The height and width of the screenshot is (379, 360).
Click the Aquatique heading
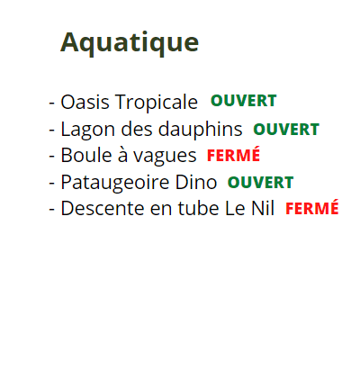[x=130, y=43]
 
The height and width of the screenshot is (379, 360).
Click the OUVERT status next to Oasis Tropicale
[x=244, y=101]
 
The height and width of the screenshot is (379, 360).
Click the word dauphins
[x=200, y=129]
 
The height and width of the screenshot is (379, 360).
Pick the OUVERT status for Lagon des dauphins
[x=286, y=130]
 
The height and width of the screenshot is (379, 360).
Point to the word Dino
[x=196, y=182]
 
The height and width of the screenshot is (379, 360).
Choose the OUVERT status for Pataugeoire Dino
[x=260, y=183]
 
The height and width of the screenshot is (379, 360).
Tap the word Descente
[x=103, y=208]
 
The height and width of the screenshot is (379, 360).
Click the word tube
[x=199, y=208]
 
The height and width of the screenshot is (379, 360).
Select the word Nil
[x=263, y=208]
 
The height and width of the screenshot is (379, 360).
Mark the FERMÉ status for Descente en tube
[x=312, y=207]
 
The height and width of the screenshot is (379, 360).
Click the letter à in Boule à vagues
[x=122, y=155]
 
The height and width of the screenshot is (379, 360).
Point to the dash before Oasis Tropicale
[x=52, y=104]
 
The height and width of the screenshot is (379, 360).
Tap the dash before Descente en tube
[x=52, y=210]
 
